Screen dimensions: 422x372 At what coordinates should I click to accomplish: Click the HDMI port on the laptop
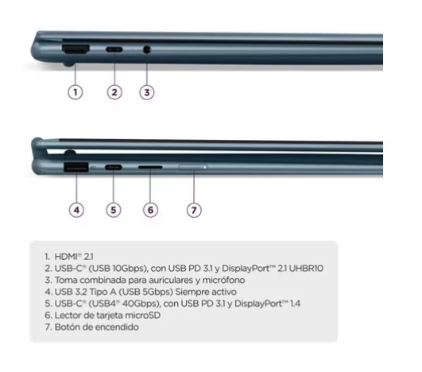point(75,49)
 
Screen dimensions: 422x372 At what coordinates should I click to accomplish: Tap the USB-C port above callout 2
point(114,49)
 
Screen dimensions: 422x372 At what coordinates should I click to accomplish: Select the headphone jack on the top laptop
point(147,49)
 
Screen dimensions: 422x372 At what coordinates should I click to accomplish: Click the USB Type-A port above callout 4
point(75,167)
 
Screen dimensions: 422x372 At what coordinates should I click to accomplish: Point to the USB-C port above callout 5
point(114,167)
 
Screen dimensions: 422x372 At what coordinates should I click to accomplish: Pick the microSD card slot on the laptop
point(150,167)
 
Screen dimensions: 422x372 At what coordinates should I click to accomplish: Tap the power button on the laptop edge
point(193,167)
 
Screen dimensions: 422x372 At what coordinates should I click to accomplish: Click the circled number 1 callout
point(75,92)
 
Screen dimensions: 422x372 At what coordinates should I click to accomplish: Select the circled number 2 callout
point(114,92)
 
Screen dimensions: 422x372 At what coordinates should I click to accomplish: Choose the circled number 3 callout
point(147,92)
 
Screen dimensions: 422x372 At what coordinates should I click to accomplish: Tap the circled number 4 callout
point(76,210)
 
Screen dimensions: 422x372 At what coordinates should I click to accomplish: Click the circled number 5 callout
point(114,210)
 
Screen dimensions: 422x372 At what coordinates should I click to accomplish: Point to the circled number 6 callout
point(150,210)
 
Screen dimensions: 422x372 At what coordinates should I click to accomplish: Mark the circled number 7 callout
point(194,210)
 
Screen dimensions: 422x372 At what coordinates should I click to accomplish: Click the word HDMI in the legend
point(66,257)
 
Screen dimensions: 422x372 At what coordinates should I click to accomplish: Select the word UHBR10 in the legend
point(306,269)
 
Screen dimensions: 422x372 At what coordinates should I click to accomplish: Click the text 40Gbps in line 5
point(140,304)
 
